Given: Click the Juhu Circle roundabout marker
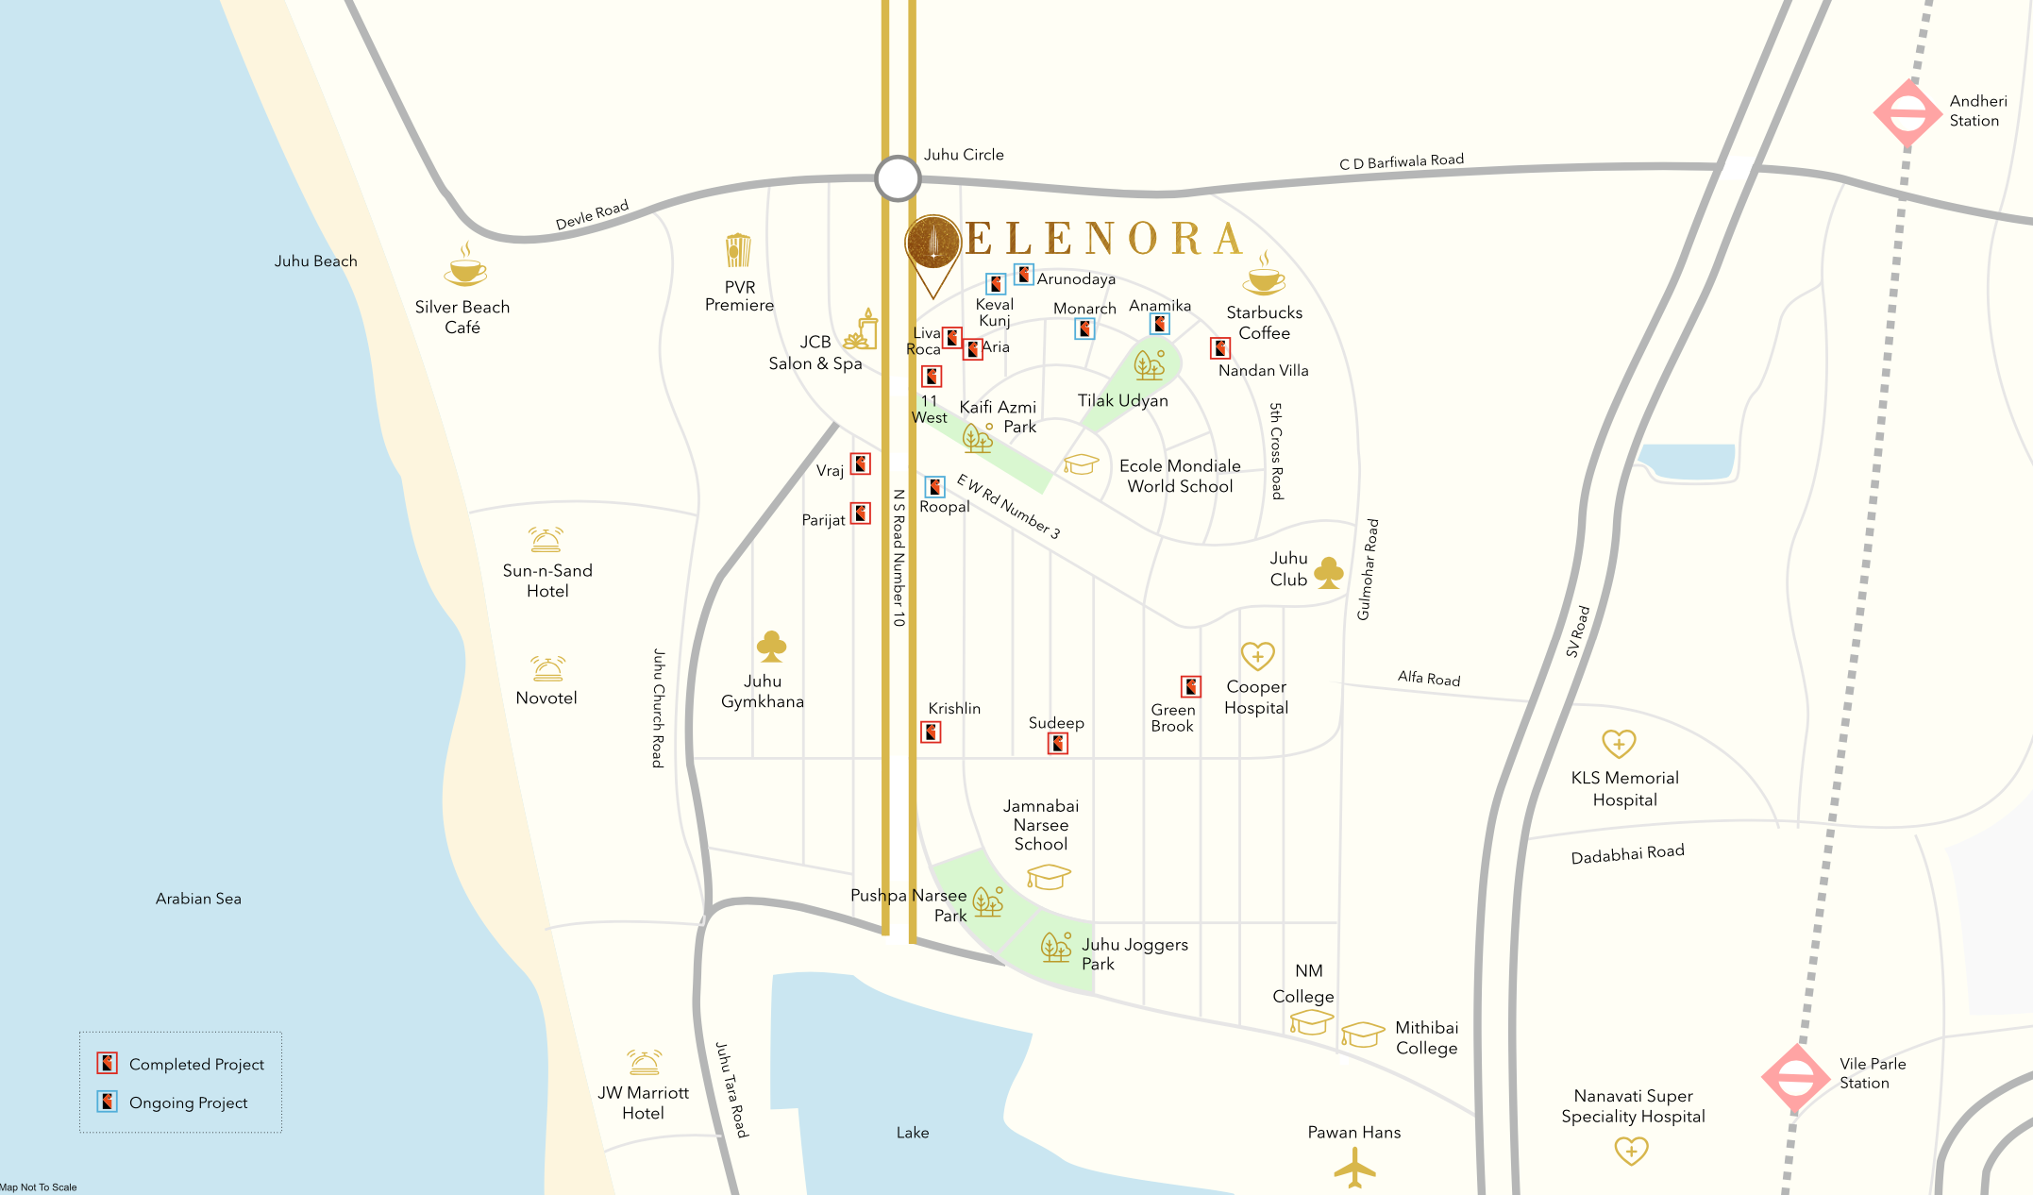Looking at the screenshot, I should coord(897,177).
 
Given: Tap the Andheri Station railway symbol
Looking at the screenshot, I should coord(1907,113).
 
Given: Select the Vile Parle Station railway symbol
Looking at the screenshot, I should coord(1795,1077).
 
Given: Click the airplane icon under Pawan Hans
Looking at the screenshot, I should coord(1354,1168).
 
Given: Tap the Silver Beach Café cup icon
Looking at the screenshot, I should coord(464,268).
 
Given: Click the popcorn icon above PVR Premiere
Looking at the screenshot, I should coord(738,251).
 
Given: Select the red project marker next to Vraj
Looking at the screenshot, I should coord(861,463).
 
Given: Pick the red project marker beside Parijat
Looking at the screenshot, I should coord(861,513).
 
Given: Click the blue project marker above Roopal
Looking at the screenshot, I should coord(934,486).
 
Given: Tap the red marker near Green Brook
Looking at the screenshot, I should coord(1191,686).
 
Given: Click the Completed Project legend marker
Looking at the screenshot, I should coord(108,1063).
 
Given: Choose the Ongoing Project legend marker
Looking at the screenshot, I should coord(108,1102).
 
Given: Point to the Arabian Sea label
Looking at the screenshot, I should coord(198,899).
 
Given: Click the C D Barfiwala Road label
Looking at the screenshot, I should coord(1401,161).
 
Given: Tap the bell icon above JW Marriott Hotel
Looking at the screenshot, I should coord(644,1063).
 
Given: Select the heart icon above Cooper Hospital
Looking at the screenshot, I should coord(1257,655).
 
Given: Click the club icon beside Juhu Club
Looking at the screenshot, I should coord(1329,572).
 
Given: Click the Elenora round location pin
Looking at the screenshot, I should coord(932,244).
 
